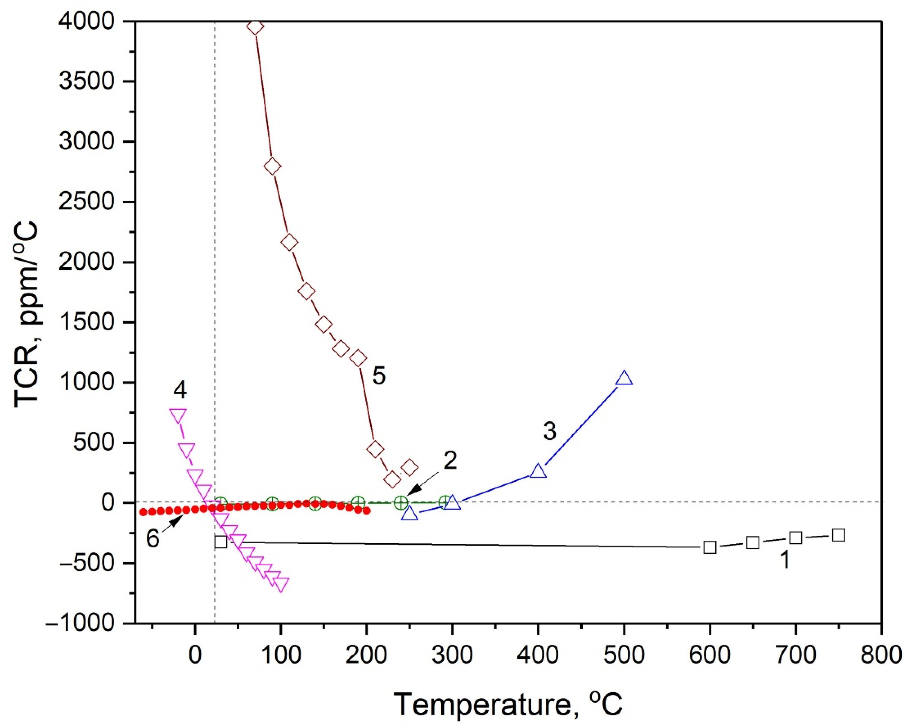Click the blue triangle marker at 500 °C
(624, 378)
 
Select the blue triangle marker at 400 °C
(538, 471)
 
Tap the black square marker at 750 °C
(838, 535)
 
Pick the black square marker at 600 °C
(710, 547)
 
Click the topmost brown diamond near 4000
(255, 27)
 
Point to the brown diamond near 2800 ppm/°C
(272, 166)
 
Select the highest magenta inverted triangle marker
(177, 415)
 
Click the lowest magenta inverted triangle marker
(281, 584)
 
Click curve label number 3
(549, 431)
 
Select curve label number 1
(784, 560)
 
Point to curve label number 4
(180, 390)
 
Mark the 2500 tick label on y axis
(87, 202)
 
